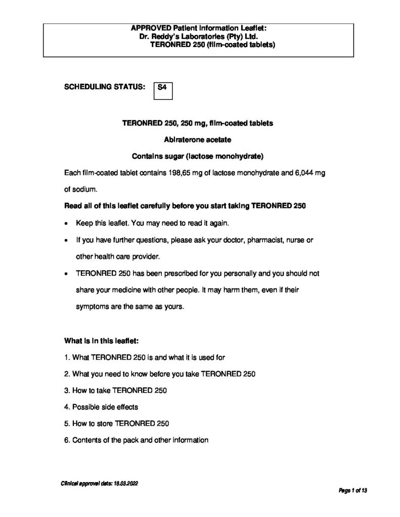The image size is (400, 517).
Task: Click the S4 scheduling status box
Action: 162,91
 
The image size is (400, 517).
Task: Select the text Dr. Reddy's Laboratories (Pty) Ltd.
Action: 199,37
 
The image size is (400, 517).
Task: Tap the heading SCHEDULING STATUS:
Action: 105,87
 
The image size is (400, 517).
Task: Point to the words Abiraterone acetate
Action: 198,139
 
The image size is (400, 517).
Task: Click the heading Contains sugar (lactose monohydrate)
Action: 198,156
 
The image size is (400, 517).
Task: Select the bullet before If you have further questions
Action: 67,241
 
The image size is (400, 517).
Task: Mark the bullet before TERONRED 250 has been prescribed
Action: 67,274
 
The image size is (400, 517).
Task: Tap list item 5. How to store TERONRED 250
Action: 117,423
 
